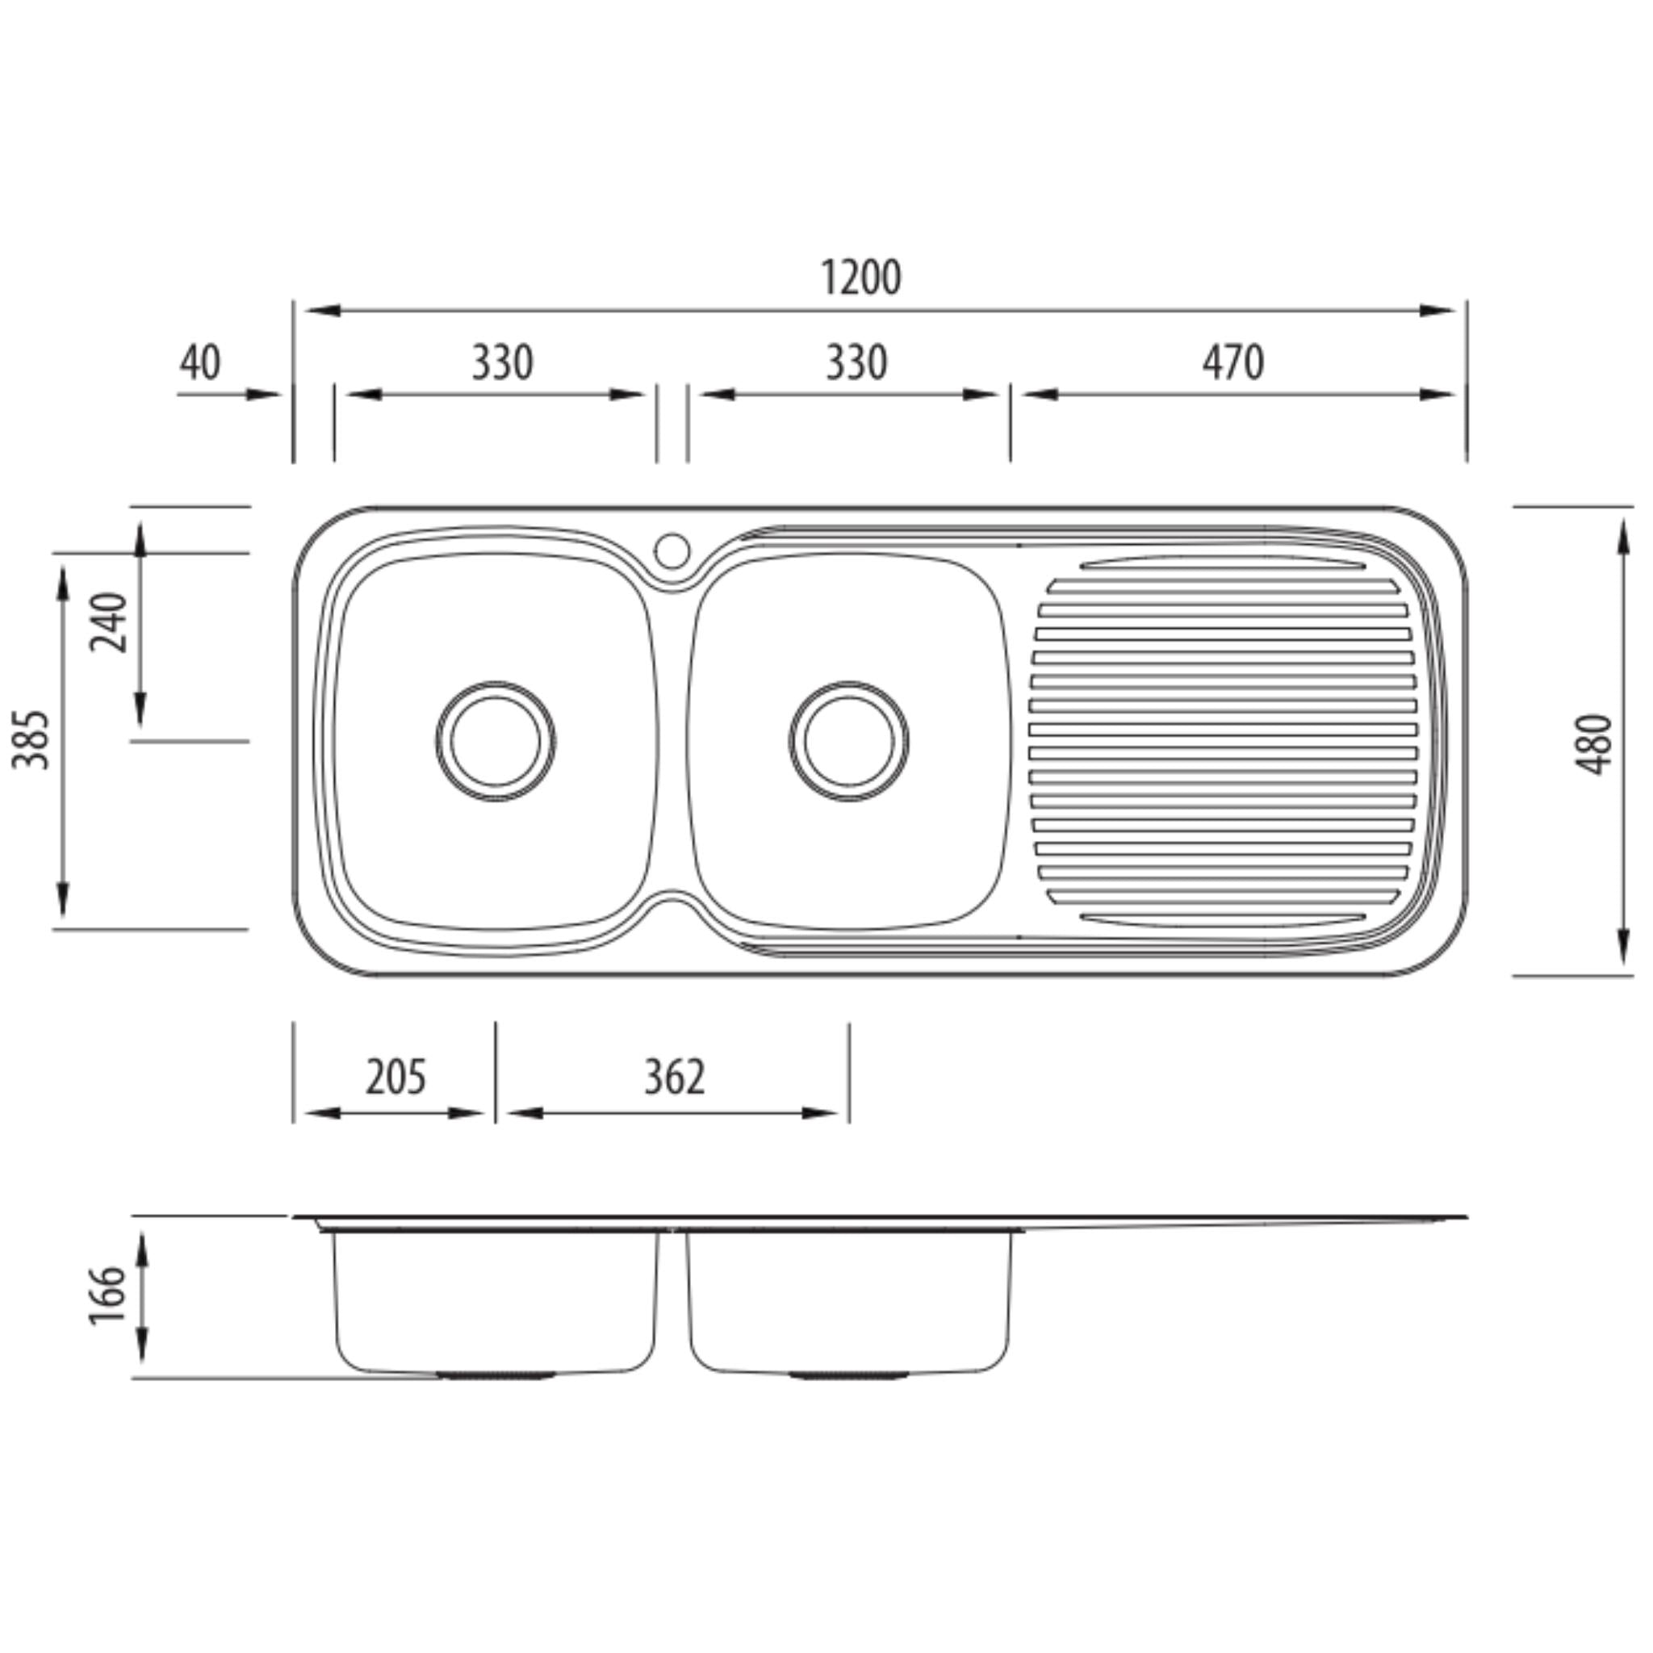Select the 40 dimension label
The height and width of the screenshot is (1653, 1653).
(199, 362)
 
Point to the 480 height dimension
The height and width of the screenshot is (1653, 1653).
(1595, 743)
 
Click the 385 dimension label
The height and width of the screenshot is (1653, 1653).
(31, 739)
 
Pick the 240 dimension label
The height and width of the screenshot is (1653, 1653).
(110, 622)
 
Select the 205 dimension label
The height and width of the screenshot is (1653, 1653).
(395, 1078)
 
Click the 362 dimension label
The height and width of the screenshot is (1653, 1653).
(674, 1078)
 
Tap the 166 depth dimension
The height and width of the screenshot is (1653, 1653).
(109, 1295)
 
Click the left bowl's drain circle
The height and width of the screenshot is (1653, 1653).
(496, 742)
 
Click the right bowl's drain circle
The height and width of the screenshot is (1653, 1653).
(849, 742)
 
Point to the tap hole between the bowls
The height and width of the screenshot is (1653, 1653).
(672, 551)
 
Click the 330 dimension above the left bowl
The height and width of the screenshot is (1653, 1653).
(502, 362)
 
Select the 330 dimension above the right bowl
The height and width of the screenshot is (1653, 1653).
(856, 362)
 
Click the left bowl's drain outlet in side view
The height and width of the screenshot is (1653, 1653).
(496, 1375)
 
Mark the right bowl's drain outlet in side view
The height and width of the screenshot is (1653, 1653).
(849, 1375)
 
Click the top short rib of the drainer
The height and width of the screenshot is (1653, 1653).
(1222, 565)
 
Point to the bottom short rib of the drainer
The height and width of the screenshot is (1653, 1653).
(1222, 920)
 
